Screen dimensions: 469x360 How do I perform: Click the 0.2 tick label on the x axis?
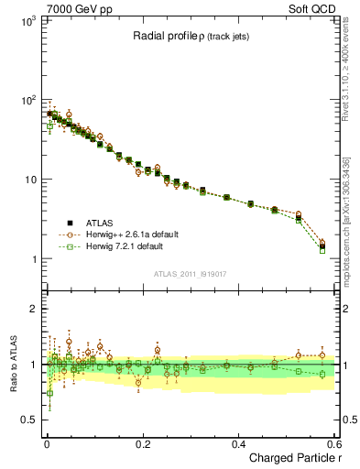coord(142,442)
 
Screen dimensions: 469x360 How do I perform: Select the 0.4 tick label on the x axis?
coord(238,442)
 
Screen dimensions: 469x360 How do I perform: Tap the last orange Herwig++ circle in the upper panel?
coord(322,243)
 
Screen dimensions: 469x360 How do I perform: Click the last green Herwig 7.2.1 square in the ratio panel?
coord(322,375)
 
